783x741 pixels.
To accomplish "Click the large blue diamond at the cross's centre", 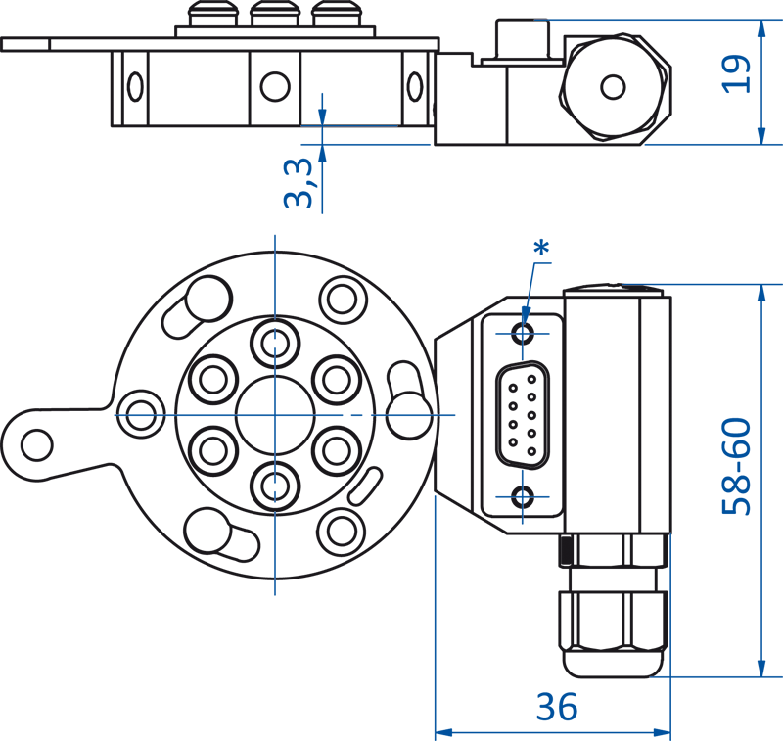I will (x=274, y=416).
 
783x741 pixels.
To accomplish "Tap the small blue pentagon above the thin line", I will (x=330, y=96).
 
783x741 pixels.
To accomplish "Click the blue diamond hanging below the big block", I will (x=274, y=283).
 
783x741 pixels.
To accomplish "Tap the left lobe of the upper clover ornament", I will (x=500, y=339).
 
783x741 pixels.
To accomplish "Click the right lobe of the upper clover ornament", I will (x=545, y=339).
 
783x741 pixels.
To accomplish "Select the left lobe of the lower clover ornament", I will (x=500, y=493).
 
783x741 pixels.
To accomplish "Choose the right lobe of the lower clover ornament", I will (x=545, y=493).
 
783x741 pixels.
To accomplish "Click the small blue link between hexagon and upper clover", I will (x=526, y=308).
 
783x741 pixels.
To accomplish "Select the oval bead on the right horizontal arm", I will (x=408, y=415).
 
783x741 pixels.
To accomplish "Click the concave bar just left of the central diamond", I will (x=206, y=415).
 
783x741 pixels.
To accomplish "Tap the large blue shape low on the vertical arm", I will (x=278, y=543).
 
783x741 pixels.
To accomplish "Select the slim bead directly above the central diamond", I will (x=274, y=343).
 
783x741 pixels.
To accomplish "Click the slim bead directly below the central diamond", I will (x=274, y=484).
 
